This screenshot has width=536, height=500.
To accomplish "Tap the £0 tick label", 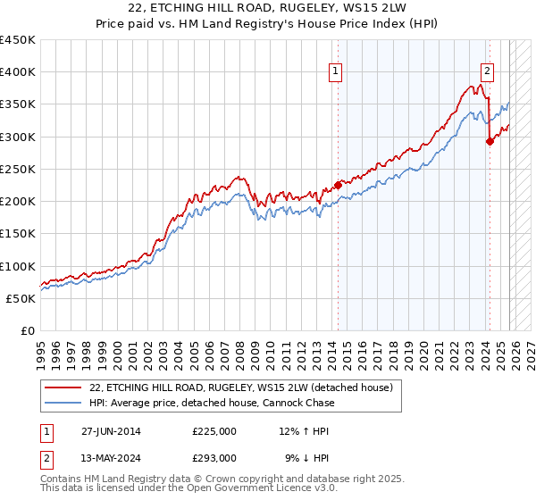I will tap(27, 330).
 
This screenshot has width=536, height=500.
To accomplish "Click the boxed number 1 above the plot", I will tap(336, 72).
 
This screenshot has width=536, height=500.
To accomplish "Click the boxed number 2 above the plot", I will tap(487, 72).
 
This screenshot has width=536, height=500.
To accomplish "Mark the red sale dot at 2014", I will tap(338, 186).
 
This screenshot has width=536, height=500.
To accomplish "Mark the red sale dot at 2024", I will tap(490, 141).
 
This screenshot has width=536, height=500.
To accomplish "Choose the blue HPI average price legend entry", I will tap(211, 403).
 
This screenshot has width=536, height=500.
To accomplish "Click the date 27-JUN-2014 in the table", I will tap(111, 431).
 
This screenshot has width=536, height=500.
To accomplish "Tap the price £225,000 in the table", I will tap(214, 431).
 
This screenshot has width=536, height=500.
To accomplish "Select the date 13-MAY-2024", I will tap(112, 456).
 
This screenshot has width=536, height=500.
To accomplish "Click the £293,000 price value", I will tap(214, 456).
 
